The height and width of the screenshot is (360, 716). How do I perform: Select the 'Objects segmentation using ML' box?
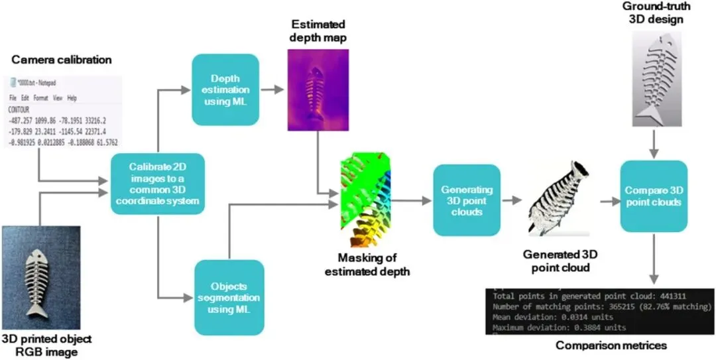point(229,297)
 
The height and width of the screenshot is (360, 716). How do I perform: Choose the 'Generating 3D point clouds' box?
point(467,200)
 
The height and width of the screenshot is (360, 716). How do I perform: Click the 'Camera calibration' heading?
point(62,60)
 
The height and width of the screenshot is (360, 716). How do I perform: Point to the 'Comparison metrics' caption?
point(611,345)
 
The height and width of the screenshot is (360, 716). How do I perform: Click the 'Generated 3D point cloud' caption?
point(557,259)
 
